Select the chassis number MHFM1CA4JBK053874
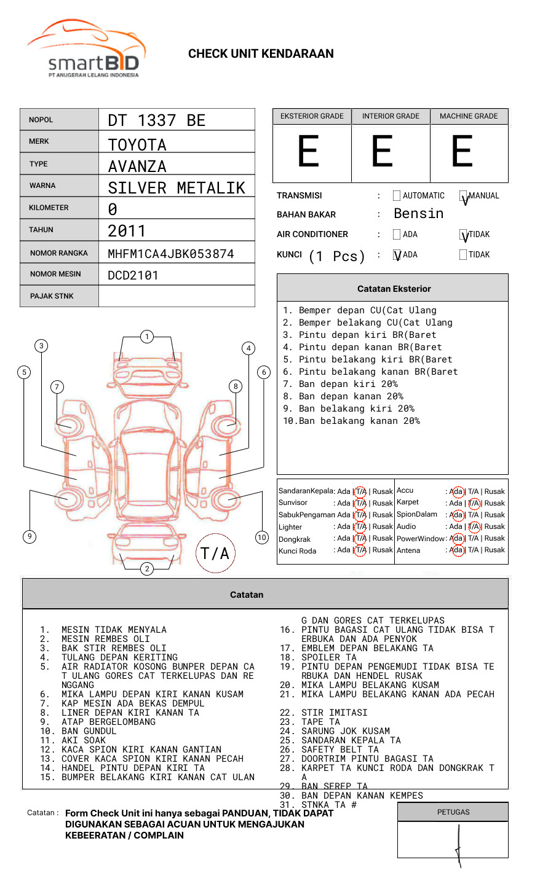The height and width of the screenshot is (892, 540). [170, 254]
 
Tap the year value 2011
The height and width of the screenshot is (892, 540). [127, 231]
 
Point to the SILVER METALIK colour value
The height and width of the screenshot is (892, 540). [177, 188]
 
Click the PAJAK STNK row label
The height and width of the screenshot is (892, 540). [52, 296]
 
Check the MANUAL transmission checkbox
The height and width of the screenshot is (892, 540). [463, 197]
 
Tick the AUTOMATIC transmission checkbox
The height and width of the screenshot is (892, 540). [397, 196]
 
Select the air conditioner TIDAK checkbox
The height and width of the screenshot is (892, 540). [463, 235]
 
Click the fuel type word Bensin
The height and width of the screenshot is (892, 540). [418, 214]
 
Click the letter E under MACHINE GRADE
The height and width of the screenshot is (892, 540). [462, 152]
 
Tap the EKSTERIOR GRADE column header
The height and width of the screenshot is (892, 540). [312, 116]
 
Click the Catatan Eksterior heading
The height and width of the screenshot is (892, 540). [394, 289]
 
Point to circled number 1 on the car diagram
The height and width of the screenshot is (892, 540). [146, 337]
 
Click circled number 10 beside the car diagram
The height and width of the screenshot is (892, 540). [262, 538]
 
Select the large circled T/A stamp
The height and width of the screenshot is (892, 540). [215, 554]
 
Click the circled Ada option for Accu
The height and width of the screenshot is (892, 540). [456, 491]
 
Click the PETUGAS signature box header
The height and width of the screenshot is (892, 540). [453, 812]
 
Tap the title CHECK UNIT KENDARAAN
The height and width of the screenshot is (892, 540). [261, 54]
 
